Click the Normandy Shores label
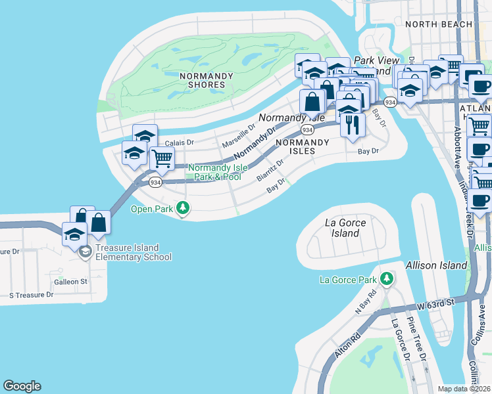pos(206,80)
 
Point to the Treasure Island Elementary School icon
pos(85,252)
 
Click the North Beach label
pos(439,24)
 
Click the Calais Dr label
pos(179,142)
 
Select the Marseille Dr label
pos(237,136)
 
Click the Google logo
pos(22,386)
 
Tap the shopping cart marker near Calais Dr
pos(162,158)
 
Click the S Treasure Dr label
pos(31,295)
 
